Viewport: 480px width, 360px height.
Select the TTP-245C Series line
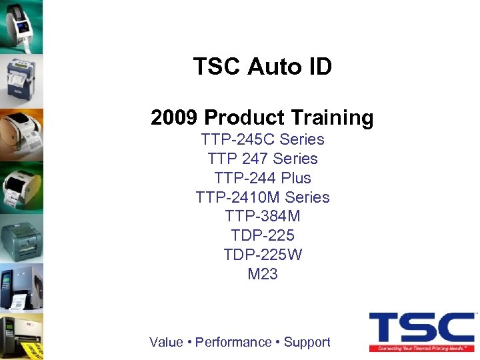[263, 139]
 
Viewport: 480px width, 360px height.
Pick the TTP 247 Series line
[263, 159]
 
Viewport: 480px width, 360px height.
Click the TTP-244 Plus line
[263, 178]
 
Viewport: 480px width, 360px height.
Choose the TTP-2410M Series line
[263, 197]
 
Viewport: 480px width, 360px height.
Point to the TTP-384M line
[263, 216]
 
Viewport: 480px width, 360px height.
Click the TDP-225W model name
[263, 255]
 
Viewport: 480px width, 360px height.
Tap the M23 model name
[263, 274]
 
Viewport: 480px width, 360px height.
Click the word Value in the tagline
[166, 342]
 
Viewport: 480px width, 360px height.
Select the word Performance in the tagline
[233, 342]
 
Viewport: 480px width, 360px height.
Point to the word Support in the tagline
[307, 342]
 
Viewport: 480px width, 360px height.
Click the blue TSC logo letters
[421, 327]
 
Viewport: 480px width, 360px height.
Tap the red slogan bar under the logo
[421, 347]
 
